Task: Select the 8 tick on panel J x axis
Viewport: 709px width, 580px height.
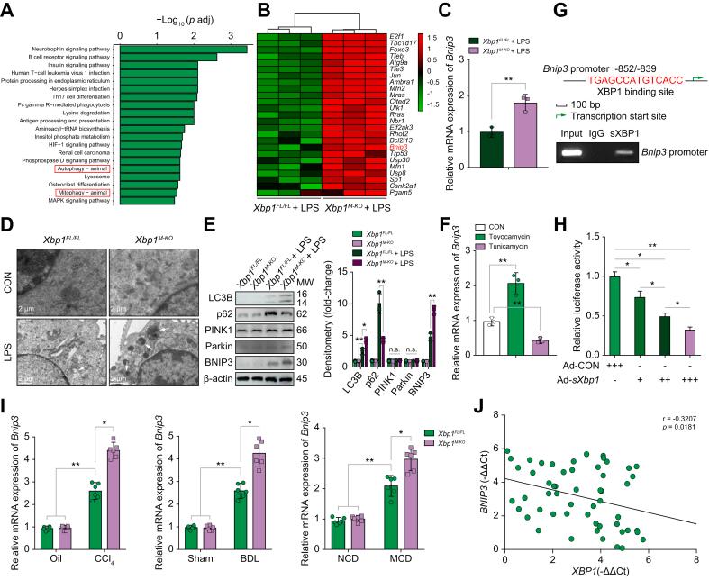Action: coord(695,561)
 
